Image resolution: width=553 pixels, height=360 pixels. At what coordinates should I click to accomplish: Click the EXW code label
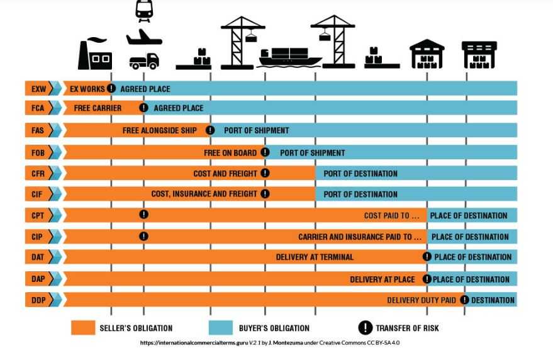(38, 89)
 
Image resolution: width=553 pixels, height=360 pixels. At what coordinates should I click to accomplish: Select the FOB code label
(38, 152)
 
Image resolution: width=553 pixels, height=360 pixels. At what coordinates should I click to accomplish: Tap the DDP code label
(38, 300)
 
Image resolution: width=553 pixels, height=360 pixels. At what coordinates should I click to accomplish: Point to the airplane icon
(144, 37)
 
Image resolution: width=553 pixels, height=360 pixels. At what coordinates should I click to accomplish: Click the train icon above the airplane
(144, 10)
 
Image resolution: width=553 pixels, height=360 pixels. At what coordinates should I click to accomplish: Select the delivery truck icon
(144, 61)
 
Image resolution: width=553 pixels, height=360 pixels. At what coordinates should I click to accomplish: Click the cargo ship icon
(290, 57)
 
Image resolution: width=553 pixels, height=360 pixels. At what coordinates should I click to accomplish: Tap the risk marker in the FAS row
(210, 130)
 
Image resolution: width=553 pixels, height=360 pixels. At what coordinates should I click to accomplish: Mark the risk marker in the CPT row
(143, 215)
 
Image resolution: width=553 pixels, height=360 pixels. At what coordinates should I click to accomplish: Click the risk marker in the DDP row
(464, 300)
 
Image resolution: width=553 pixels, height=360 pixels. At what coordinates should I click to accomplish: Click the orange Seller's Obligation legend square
(82, 328)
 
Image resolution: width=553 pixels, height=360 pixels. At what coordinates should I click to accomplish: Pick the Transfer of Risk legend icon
(365, 328)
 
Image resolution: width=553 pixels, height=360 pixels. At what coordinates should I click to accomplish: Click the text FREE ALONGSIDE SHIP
(160, 130)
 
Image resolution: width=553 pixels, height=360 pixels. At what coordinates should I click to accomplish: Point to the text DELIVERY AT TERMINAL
(315, 257)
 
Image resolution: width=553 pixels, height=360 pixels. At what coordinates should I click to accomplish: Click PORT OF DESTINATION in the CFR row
(360, 173)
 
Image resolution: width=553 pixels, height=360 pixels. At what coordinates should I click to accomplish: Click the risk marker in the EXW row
(111, 89)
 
